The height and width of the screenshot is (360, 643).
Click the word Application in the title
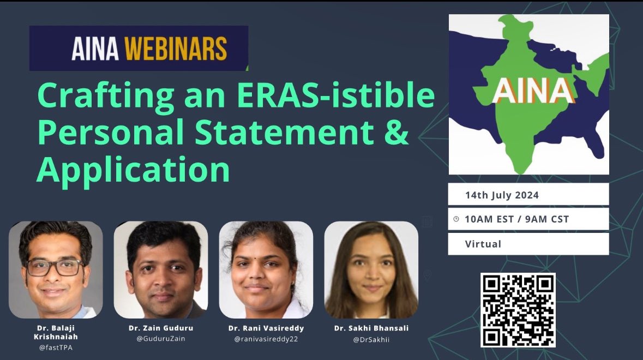[x=134, y=170]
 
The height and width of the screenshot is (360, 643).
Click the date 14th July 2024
[x=502, y=195]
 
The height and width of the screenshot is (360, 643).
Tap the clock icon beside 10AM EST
[x=456, y=219]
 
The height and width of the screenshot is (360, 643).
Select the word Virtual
[x=483, y=244]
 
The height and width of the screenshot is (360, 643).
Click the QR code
[x=518, y=310]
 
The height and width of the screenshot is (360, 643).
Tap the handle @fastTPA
[x=55, y=347]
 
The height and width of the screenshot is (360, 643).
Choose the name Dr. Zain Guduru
[x=160, y=328]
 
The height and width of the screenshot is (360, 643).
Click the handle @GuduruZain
[x=160, y=338]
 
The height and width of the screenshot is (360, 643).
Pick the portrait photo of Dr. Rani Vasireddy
[x=266, y=269]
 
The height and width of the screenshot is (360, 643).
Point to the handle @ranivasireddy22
[x=266, y=338]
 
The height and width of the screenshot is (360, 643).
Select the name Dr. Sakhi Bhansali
[x=371, y=328]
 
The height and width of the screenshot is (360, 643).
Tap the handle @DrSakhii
[x=371, y=338]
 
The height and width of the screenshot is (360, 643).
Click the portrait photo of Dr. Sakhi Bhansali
[x=371, y=269]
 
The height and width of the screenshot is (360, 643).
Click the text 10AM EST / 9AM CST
[x=516, y=219]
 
